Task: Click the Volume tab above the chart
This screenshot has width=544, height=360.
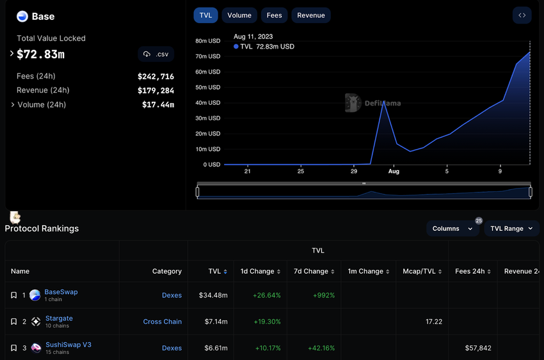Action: click(239, 15)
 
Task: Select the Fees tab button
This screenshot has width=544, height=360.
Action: click(274, 15)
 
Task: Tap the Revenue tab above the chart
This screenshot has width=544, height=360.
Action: click(311, 15)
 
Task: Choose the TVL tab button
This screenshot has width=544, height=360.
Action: click(205, 15)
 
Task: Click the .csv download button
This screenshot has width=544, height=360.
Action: click(156, 54)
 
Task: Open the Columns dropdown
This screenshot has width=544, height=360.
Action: click(452, 228)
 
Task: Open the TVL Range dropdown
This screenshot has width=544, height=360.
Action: click(511, 228)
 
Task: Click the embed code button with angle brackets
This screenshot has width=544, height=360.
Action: click(522, 15)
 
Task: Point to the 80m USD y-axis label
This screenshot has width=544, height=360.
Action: click(208, 41)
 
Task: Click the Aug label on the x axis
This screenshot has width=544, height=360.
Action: click(394, 171)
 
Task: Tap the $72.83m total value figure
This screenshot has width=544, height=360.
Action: click(41, 54)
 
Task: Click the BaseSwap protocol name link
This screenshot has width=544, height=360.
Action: click(61, 292)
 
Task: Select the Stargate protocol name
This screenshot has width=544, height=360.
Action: click(59, 318)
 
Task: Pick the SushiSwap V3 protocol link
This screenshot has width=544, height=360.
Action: click(68, 345)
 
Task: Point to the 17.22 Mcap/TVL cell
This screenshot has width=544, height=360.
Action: click(434, 322)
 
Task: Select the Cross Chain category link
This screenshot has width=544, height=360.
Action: click(163, 322)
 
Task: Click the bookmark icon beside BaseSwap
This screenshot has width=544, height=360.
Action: click(13, 295)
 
